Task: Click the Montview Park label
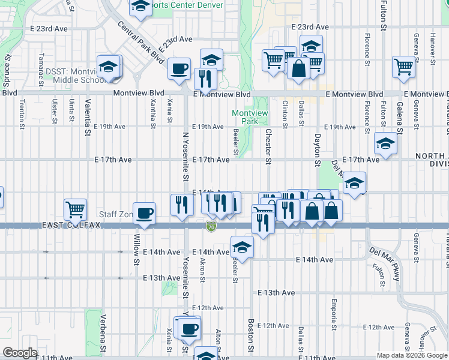click(x=250, y=117)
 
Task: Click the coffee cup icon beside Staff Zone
click(x=144, y=214)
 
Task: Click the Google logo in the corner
click(x=20, y=353)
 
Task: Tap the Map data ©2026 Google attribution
click(x=411, y=355)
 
